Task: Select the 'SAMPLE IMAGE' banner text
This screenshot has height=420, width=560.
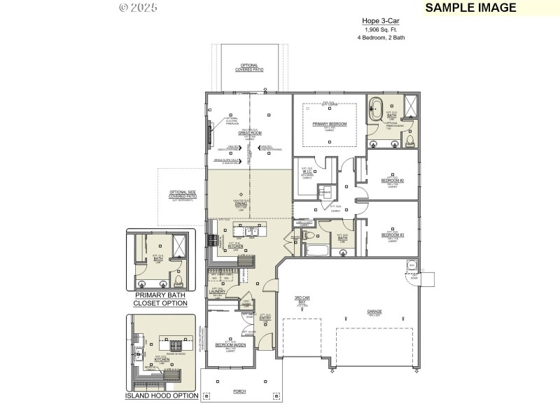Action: click(470, 8)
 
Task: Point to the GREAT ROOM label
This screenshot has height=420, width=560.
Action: click(249, 132)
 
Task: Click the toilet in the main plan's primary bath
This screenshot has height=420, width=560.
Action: click(408, 142)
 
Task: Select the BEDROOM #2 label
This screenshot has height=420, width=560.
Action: click(393, 181)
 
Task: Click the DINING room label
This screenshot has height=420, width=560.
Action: click(241, 205)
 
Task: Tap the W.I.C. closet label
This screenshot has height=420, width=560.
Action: click(307, 172)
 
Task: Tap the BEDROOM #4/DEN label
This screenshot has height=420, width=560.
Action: click(230, 345)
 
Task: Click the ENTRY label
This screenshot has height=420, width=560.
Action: click(265, 319)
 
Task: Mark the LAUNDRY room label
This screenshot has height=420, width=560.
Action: click(217, 292)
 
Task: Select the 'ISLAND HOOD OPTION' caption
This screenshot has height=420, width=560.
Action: click(161, 395)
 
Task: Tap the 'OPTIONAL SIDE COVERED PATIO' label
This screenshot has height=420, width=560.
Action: click(183, 195)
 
